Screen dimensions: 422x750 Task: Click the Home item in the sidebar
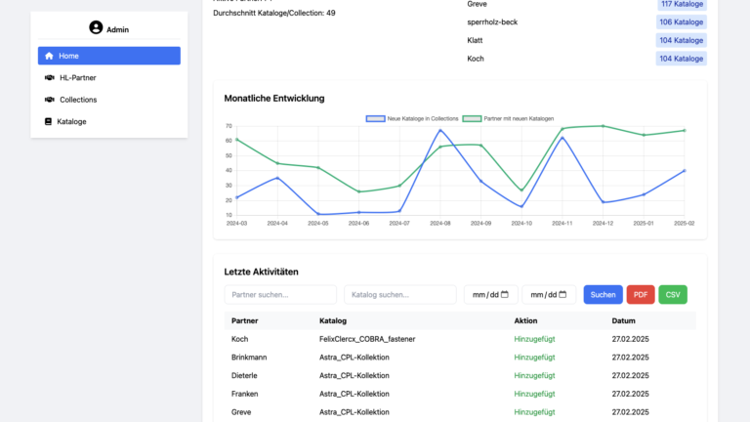coord(108,56)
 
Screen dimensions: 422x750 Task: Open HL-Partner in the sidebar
coord(108,77)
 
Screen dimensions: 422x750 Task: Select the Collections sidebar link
coord(108,100)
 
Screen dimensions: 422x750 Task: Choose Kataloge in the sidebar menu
coord(108,122)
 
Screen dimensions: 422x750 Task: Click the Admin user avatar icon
coord(96,28)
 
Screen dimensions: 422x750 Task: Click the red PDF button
coord(641,294)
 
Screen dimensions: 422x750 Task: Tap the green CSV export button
coord(672,294)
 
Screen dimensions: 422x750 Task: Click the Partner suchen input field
coord(280,294)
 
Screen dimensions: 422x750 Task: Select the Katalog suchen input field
coord(399,294)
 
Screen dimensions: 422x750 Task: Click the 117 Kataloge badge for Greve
coord(681,5)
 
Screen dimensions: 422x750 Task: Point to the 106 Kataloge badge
coord(681,21)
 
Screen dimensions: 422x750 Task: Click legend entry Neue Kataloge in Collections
coord(411,118)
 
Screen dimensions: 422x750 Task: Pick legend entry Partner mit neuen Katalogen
coord(503,118)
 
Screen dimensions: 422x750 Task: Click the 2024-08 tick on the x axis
coord(440,223)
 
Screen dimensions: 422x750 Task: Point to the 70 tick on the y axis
coord(228,126)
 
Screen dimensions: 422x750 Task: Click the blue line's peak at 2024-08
coord(440,130)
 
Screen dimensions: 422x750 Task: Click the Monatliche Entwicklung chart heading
coord(274,98)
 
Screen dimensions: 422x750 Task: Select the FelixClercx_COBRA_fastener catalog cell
coord(367,339)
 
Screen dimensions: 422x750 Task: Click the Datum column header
coord(623,320)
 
